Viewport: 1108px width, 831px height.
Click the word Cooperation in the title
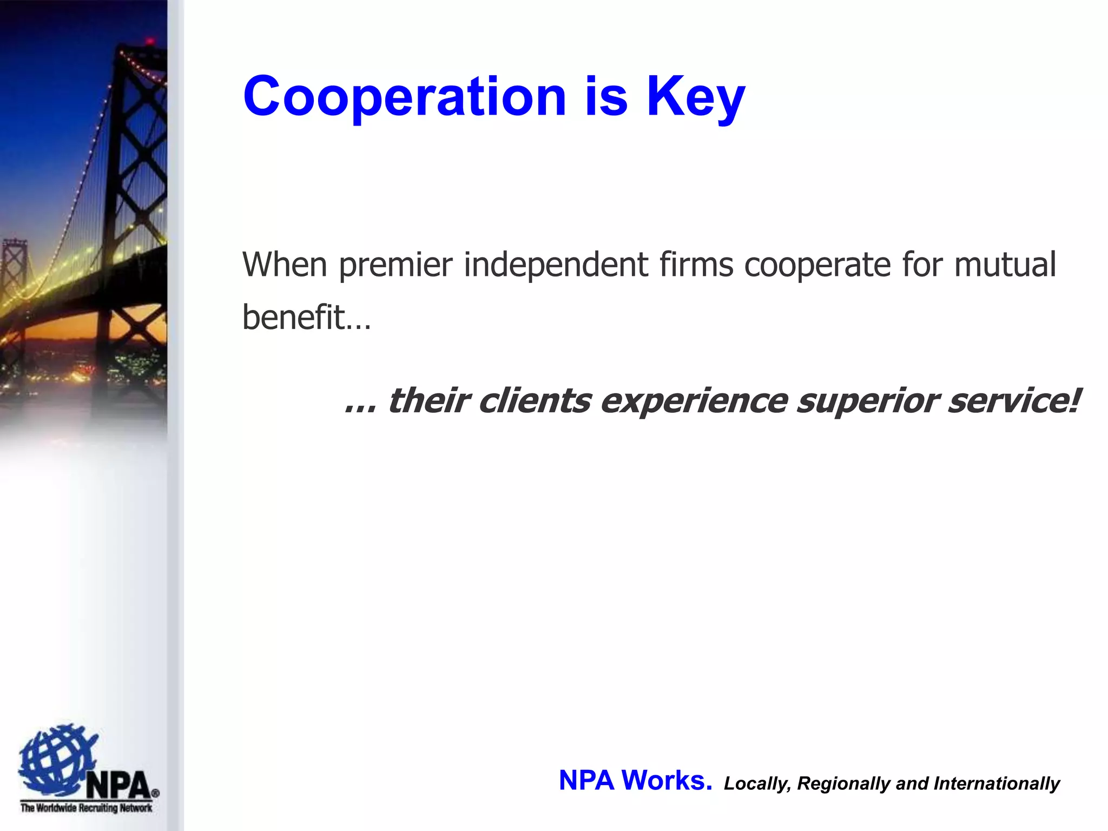coord(404,96)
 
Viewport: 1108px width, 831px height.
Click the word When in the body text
coord(285,265)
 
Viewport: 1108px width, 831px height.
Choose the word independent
coord(556,265)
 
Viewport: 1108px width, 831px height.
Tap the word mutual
coord(1004,265)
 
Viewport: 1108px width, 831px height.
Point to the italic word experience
coord(694,402)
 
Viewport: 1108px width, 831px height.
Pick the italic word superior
coord(867,402)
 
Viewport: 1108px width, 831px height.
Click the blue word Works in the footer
coord(666,780)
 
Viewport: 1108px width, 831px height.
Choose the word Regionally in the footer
coord(844,784)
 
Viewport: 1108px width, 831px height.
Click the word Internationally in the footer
coord(997,783)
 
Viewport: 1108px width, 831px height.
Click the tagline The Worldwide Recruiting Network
coord(86,808)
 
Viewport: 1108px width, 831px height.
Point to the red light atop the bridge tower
coord(150,41)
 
